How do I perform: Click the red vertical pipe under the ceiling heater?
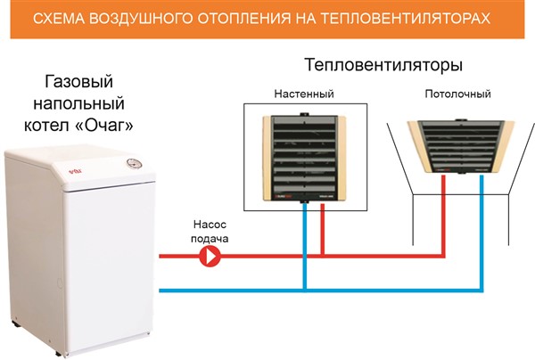click(444, 214)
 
